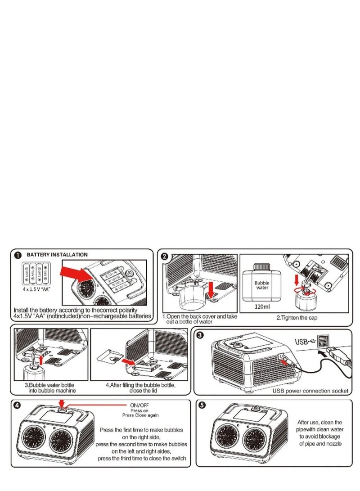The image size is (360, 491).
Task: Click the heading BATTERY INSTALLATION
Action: (x=57, y=255)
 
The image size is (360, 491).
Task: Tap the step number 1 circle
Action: (x=18, y=255)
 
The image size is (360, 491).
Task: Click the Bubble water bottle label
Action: (x=261, y=285)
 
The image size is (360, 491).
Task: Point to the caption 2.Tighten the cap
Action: (x=295, y=318)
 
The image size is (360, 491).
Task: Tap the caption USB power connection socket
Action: (x=310, y=391)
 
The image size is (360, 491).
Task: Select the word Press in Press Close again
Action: (x=128, y=415)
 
